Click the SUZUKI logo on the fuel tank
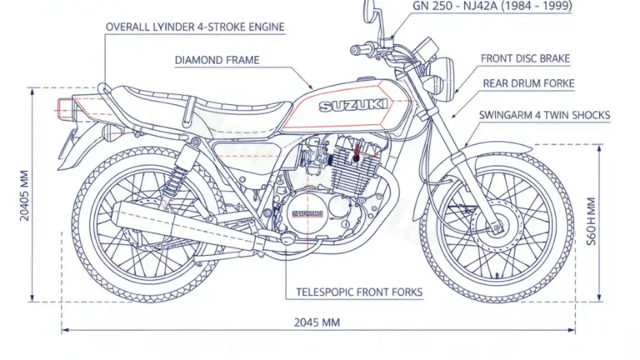pos(347,105)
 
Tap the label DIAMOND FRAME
pos(217,60)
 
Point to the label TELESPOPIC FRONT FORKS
pos(359,292)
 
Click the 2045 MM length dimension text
pos(317,322)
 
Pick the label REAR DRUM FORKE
pos(528,84)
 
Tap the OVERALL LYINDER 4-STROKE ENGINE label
pos(195,27)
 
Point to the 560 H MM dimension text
pos(592,217)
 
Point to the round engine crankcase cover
pos(309,217)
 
